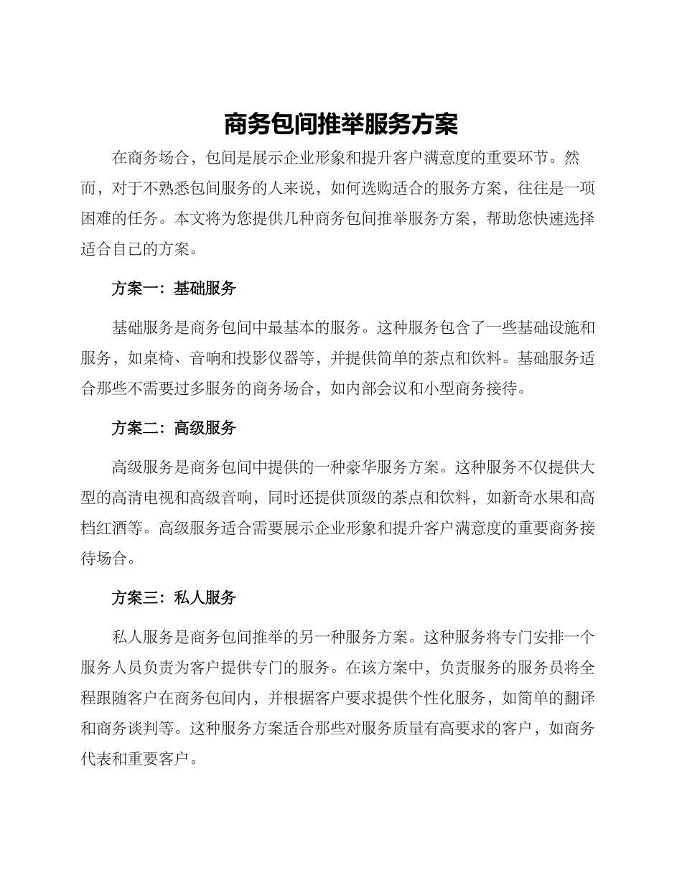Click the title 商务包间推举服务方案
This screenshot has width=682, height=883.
click(341, 124)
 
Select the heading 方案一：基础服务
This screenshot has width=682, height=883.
click(174, 289)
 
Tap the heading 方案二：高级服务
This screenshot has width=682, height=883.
click(174, 429)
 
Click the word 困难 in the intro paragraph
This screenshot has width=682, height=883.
click(96, 219)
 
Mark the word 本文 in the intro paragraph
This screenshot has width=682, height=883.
click(190, 219)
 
